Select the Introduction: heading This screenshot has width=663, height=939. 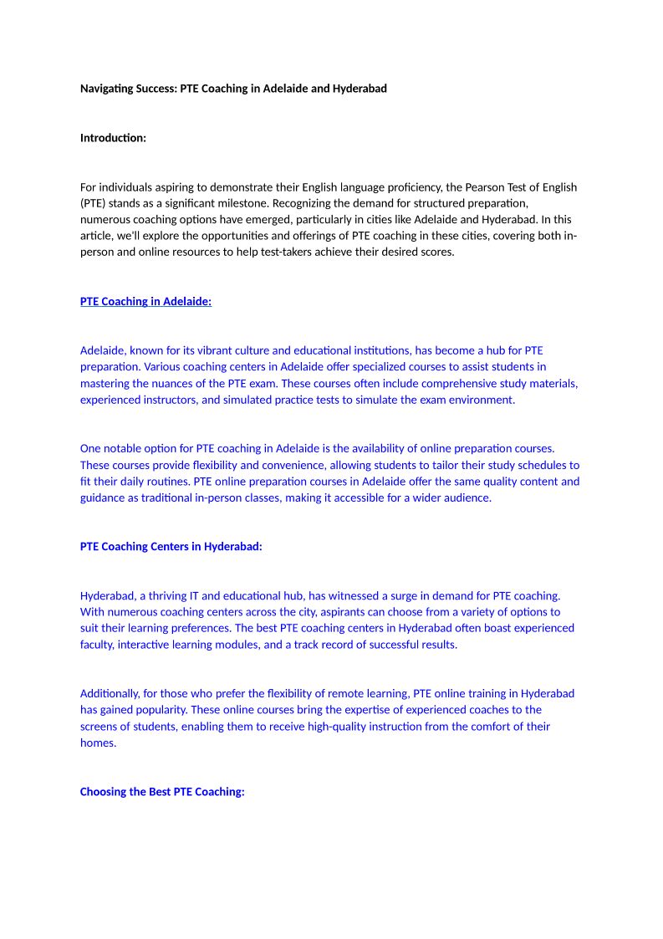pos(113,137)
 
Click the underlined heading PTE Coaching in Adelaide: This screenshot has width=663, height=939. pos(145,301)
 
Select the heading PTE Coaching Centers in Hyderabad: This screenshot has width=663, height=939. pos(171,546)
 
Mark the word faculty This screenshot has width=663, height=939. pos(99,645)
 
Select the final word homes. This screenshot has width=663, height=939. pos(97,743)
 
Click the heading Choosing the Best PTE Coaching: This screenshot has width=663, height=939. pos(162,791)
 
